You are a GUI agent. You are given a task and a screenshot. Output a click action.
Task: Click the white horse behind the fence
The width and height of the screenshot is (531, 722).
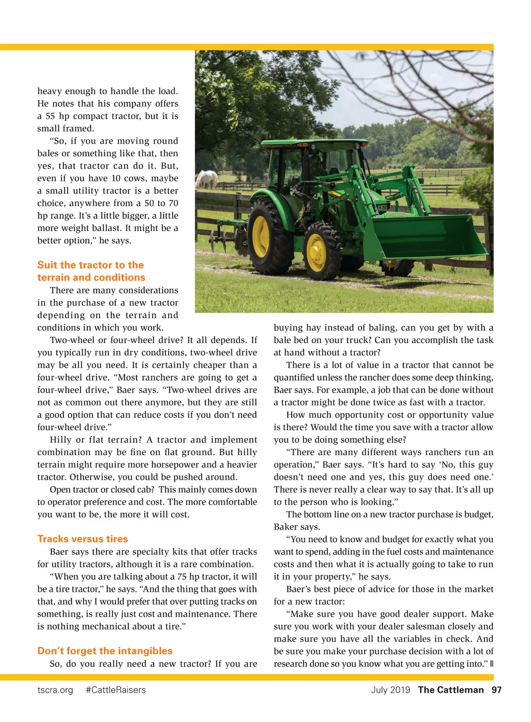coord(207,179)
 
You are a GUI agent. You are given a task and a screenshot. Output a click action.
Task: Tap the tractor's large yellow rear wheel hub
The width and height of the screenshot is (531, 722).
coord(261,236)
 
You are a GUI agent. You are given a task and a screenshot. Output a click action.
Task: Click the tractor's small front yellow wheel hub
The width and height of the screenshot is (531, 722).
coord(316,252)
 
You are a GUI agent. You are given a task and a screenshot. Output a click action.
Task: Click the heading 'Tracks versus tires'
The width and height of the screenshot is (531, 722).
coord(83,539)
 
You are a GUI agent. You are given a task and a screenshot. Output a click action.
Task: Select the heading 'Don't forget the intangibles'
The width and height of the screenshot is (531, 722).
coord(105,651)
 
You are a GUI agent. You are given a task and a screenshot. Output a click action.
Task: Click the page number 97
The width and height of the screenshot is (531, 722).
coord(496,690)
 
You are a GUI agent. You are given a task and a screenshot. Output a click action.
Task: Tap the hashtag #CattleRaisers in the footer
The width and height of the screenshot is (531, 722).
coord(116,690)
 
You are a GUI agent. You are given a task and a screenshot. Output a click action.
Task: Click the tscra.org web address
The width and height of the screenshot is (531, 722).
coord(55,690)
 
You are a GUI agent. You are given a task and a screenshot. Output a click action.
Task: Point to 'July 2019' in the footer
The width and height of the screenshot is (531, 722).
coord(390,690)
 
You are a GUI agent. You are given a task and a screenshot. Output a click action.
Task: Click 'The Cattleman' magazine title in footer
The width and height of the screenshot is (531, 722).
coord(450,690)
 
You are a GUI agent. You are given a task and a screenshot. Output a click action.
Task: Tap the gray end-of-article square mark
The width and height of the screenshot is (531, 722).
coord(492,664)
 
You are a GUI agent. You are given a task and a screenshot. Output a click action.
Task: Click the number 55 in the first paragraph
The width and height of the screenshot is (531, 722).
coord(50,116)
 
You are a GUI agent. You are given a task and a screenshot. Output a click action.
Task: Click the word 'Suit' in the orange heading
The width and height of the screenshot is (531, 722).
coord(47,265)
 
